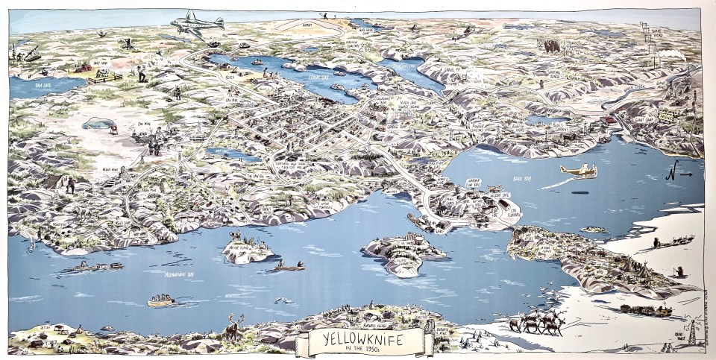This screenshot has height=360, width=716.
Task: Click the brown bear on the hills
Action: click(x=553, y=46)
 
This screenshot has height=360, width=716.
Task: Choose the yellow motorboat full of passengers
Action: click(x=160, y=300)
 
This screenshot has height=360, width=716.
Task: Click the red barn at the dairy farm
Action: click(x=86, y=67)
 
